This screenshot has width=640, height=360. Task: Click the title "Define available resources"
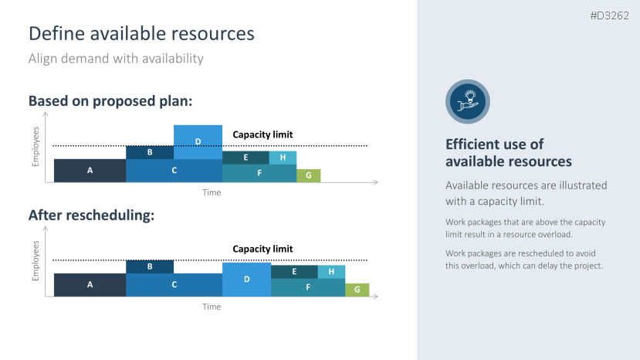click(141, 33)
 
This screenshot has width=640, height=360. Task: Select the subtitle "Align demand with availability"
click(116, 58)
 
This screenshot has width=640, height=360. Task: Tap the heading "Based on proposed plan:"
click(110, 101)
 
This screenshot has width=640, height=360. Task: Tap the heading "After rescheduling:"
click(91, 216)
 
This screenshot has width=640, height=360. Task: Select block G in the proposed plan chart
click(308, 175)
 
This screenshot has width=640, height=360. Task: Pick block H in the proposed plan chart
click(283, 158)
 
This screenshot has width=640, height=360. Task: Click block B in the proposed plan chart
click(150, 152)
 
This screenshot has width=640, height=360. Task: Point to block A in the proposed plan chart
click(90, 170)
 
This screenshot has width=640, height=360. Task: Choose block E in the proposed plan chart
click(246, 158)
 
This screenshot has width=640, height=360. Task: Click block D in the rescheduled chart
click(246, 279)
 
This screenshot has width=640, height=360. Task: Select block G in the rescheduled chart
click(357, 290)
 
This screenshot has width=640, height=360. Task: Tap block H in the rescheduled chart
click(331, 272)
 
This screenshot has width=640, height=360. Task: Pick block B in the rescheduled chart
click(150, 267)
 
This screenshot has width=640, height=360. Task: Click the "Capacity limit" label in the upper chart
click(262, 134)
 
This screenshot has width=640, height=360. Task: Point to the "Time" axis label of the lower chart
click(212, 307)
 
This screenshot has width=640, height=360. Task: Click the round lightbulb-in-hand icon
click(467, 102)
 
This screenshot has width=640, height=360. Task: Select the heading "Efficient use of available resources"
click(509, 153)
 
